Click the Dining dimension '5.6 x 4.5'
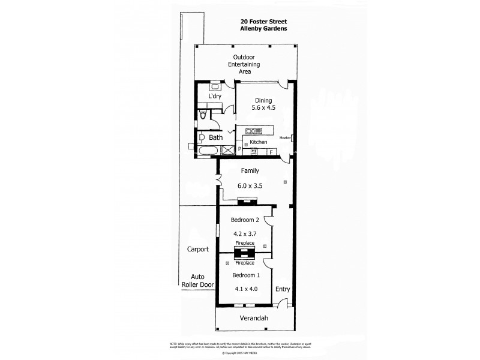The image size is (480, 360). (263, 108)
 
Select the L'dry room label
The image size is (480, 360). (215, 96)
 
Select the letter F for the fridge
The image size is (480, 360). (271, 152)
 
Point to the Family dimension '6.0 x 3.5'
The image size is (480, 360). (250, 186)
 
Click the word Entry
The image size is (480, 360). (283, 289)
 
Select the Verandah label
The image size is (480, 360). (255, 318)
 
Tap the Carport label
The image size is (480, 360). (197, 248)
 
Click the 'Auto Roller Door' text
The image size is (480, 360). (197, 281)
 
